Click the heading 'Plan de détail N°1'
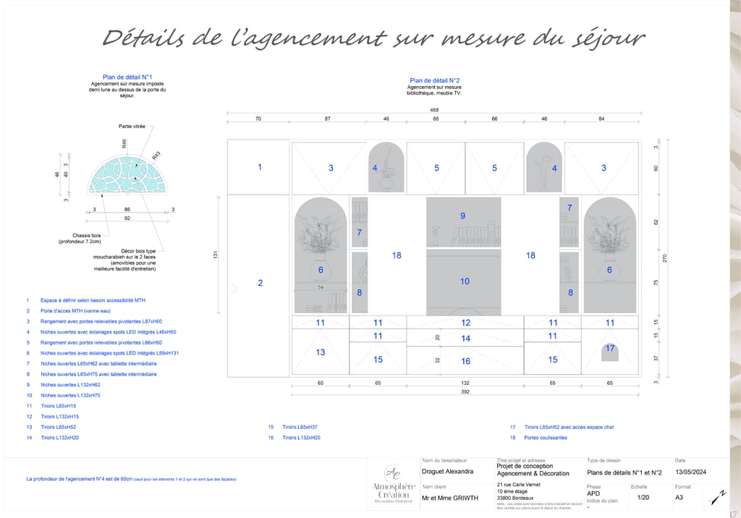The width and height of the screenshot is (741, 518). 127,76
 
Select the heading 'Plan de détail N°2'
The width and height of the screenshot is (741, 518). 435,81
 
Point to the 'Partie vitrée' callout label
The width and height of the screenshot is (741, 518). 132,126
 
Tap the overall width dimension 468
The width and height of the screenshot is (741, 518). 434,110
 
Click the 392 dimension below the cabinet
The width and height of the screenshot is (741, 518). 464,391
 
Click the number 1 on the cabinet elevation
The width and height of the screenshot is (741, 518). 260,167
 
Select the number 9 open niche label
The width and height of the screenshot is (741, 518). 463,216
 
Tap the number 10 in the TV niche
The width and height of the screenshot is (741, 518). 464,281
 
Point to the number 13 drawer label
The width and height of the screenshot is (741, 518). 321,352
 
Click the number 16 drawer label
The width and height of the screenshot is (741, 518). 465,361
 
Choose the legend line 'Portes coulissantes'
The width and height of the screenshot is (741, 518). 546,438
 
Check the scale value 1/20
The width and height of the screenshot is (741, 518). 643,498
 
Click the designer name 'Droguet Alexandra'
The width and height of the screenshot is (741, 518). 447,472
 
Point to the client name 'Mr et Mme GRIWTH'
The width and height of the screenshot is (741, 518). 449,498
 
